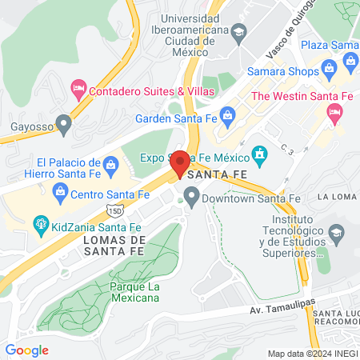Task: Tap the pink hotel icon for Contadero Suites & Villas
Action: pos(78,86)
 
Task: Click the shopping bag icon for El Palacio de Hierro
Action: pos(111,165)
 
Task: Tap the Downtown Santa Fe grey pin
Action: pos(191,195)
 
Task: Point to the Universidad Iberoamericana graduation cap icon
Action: pos(239,31)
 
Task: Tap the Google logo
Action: pos(27,350)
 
